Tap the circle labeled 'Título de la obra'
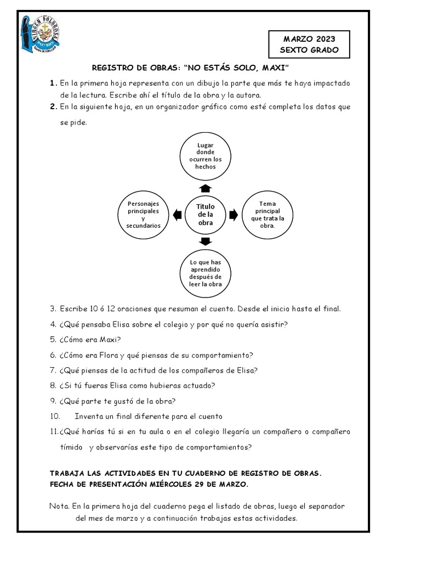(x=205, y=215)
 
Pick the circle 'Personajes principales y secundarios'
(x=143, y=215)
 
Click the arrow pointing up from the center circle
(x=206, y=188)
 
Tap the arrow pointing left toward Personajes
(x=177, y=215)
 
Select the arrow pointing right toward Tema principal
(x=234, y=215)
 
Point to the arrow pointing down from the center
(x=206, y=242)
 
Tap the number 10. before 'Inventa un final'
(x=55, y=416)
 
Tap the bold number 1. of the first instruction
(x=53, y=83)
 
